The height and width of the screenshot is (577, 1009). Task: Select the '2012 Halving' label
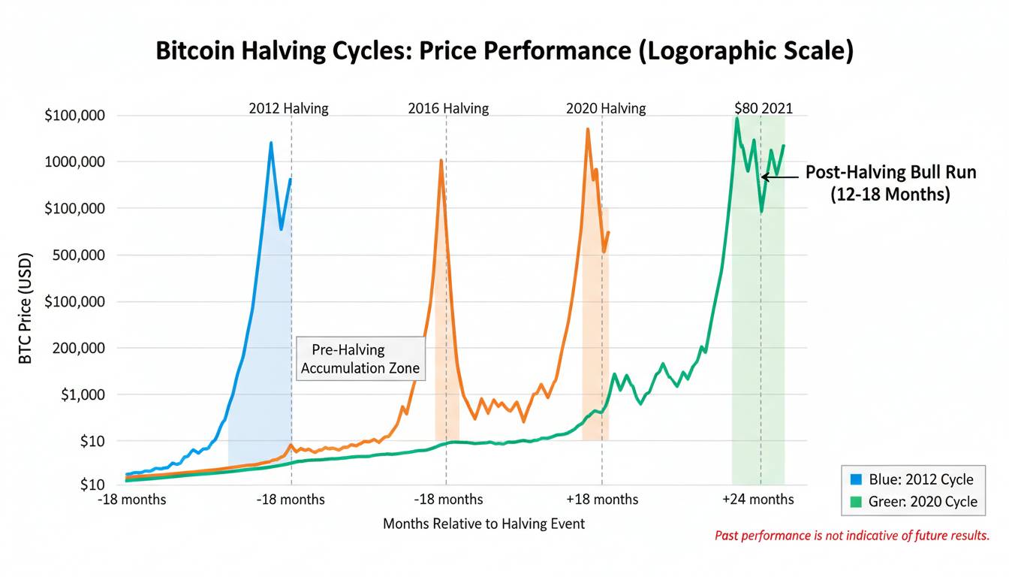tap(288, 108)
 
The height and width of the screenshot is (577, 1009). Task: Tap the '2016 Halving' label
tap(448, 108)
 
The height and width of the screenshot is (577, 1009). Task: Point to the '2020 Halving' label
tap(605, 108)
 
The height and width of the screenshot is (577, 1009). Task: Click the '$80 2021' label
tap(763, 108)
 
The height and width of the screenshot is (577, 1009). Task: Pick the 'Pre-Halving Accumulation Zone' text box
tap(360, 358)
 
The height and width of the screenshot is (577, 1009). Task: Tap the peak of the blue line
tap(271, 143)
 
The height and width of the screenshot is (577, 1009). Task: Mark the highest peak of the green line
tap(737, 119)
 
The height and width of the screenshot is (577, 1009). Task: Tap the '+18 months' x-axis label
tap(602, 500)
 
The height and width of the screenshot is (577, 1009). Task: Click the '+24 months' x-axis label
tap(758, 500)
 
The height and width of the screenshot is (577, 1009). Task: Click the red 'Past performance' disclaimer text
tap(851, 536)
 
